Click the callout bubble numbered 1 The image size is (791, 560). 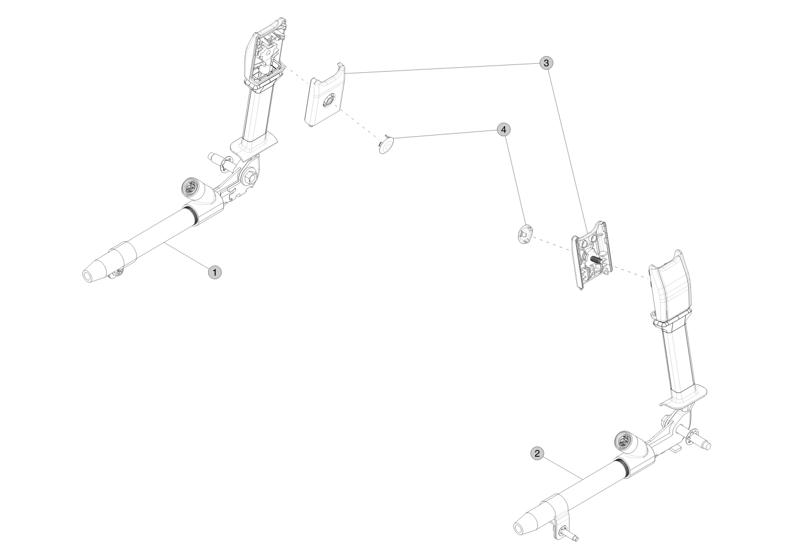coord(215,273)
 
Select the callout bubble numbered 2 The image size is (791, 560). coord(537,454)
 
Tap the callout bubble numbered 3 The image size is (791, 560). coord(547,63)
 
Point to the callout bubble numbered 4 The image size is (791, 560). coord(504,130)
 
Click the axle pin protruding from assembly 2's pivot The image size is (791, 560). coord(691,441)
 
